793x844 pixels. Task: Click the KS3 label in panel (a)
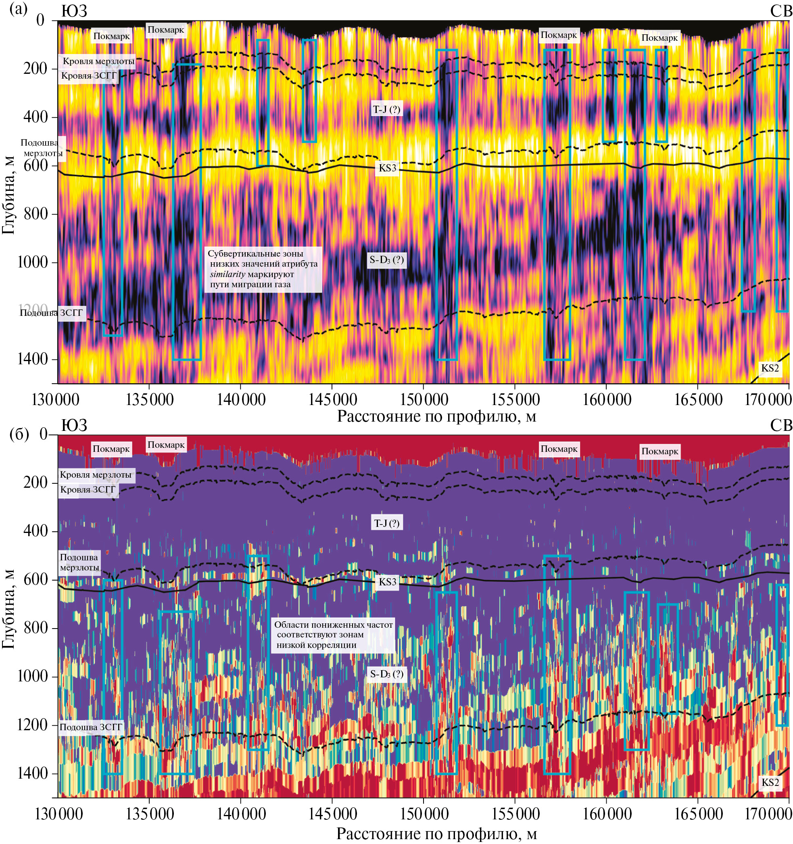pyautogui.click(x=387, y=168)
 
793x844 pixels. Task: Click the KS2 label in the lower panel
pyautogui.click(x=770, y=782)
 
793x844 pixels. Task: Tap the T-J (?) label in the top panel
pyautogui.click(x=386, y=109)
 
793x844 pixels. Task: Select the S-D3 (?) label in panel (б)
pyautogui.click(x=386, y=674)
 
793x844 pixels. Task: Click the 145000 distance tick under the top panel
pyautogui.click(x=332, y=399)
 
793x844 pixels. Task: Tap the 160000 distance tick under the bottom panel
pyautogui.click(x=607, y=814)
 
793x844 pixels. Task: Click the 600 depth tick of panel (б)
pyautogui.click(x=35, y=579)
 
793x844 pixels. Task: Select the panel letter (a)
pyautogui.click(x=18, y=9)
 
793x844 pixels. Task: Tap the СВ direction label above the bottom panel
pyautogui.click(x=780, y=425)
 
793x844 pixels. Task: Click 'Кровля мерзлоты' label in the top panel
pyautogui.click(x=98, y=61)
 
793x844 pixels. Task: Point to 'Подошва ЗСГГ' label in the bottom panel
pyautogui.click(x=90, y=727)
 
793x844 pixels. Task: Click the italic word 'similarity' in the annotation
pyautogui.click(x=227, y=274)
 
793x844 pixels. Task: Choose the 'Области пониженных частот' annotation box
pyautogui.click(x=333, y=635)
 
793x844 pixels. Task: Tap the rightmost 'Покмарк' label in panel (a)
pyautogui.click(x=659, y=38)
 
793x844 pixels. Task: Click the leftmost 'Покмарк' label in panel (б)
pyautogui.click(x=111, y=449)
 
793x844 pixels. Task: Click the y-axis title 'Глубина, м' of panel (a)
pyautogui.click(x=8, y=195)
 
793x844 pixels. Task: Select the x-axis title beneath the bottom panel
pyautogui.click(x=436, y=834)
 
